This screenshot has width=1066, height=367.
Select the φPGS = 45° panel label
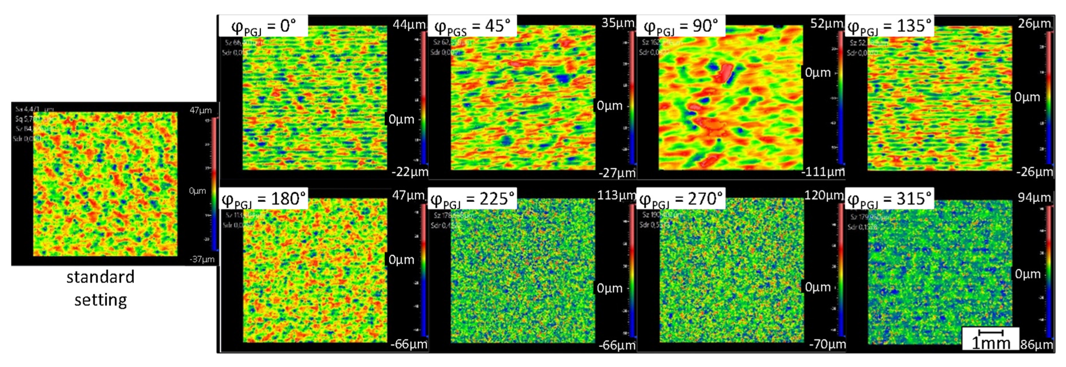pos(472,26)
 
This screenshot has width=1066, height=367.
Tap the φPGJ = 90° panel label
pos(681,26)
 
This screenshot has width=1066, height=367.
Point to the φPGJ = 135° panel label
pos(889,26)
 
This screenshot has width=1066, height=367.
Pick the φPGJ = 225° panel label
pos(472,199)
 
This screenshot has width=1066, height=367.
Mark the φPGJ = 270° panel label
pos(681,199)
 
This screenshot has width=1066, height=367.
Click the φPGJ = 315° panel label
pos(889,199)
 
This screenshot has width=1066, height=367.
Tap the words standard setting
pos(101,288)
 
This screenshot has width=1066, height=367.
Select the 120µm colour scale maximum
pos(823,195)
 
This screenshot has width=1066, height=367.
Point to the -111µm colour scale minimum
pos(823,172)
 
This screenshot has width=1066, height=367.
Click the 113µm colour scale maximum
pos(616,195)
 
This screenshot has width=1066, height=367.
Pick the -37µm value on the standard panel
pos(202,259)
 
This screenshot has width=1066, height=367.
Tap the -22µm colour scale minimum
pos(410,172)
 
